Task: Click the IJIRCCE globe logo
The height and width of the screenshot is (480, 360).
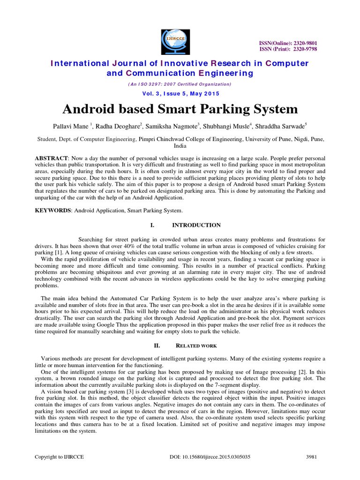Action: point(175,38)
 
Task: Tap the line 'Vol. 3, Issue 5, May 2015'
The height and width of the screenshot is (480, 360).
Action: point(180,93)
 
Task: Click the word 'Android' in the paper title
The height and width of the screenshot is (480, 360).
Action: point(90,110)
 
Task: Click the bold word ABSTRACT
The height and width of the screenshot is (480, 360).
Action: point(52,159)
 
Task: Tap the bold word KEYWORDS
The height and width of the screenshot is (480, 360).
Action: point(52,210)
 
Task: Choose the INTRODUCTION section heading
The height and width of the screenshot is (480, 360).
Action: point(196,225)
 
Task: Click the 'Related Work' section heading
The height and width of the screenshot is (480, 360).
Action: point(196,345)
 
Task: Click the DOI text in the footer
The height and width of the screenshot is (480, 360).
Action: point(210,457)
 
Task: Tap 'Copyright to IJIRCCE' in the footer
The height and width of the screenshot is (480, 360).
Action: point(60,457)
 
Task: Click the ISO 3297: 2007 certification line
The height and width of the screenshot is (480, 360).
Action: point(180,84)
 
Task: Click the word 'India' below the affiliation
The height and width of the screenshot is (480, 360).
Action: point(180,146)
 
